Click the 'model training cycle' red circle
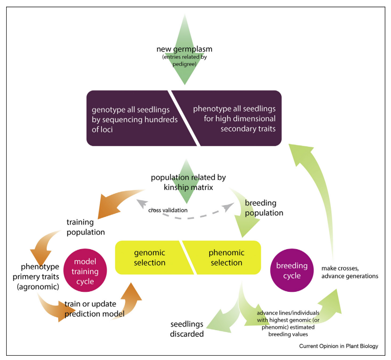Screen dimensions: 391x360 point(85,270)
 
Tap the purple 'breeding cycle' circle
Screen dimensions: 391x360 point(292,270)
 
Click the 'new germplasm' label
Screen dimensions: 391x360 point(184,49)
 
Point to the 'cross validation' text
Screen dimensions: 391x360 point(168,210)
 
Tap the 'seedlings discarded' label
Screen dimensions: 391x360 point(187,329)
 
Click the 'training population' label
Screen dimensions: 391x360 point(86,227)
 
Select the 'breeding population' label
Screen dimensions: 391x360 point(264,208)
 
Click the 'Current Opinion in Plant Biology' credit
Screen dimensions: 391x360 point(338,346)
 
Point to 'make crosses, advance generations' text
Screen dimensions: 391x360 point(350,272)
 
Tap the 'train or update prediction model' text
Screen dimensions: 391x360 point(95,309)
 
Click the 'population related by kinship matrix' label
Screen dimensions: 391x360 point(188,182)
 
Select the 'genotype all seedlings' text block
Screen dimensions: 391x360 point(134,119)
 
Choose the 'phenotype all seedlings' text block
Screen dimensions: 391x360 point(234,118)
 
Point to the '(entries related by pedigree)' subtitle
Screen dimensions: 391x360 point(185,60)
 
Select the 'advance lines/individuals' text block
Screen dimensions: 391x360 point(288,324)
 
